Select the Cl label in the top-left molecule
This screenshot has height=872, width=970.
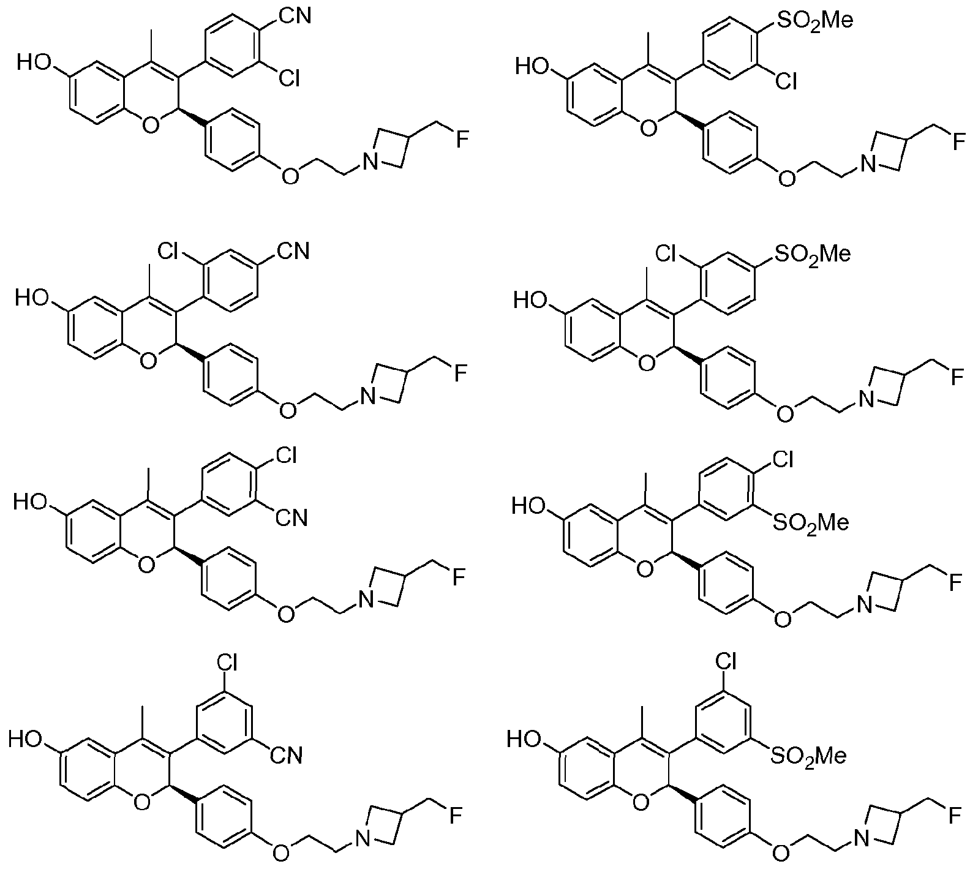coord(287,78)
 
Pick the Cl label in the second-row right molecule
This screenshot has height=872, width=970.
coord(668,252)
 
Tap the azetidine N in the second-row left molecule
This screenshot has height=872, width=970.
coord(368,397)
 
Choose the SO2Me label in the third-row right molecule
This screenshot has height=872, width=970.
coord(810,524)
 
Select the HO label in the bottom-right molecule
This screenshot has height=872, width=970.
coord(525,740)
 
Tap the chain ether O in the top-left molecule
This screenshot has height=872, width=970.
coord(290,176)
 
